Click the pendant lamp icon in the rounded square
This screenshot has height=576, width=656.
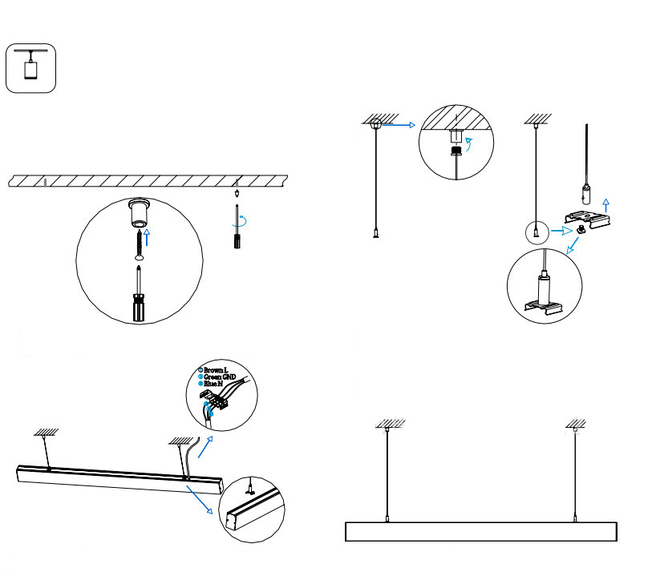pos(31,67)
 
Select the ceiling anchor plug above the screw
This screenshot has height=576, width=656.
pos(141,214)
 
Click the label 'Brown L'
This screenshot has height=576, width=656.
pos(215,370)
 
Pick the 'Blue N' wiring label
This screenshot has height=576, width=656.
pos(213,385)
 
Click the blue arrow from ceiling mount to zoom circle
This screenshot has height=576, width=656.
pos(399,125)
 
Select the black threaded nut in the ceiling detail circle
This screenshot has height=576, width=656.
pos(456,149)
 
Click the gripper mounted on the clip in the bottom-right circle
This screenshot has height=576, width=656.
pos(542,285)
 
